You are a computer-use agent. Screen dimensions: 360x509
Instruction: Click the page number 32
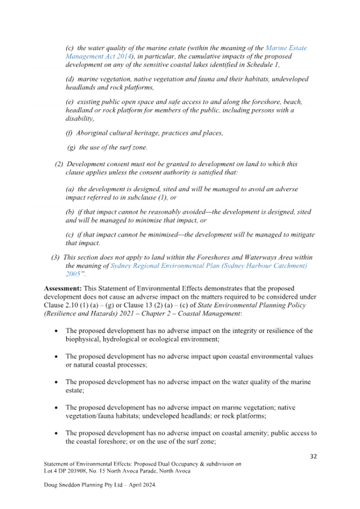pyautogui.click(x=313, y=456)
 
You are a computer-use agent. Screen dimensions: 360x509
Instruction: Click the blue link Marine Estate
pyautogui.click(x=286, y=48)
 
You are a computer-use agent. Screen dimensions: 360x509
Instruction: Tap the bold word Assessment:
pyautogui.click(x=63, y=288)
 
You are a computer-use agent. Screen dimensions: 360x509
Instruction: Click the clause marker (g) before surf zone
pyautogui.click(x=71, y=148)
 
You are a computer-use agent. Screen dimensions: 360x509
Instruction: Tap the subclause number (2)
pyautogui.click(x=59, y=164)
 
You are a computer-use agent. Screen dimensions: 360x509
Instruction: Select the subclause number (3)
pyautogui.click(x=55, y=257)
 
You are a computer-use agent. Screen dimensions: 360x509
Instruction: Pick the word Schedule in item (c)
pyautogui.click(x=260, y=64)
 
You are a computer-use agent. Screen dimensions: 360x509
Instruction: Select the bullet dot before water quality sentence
pyautogui.click(x=56, y=382)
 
